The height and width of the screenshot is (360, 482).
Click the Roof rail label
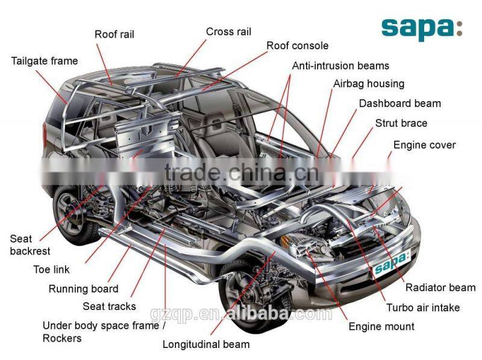[x=114, y=34]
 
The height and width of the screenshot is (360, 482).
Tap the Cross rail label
[x=228, y=31]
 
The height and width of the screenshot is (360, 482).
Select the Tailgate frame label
[x=45, y=61]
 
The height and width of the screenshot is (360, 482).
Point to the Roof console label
[x=298, y=46]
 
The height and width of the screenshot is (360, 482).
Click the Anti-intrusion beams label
[x=340, y=66]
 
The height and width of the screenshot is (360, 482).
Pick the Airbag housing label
[x=369, y=84]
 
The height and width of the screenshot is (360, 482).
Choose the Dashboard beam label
[x=399, y=103]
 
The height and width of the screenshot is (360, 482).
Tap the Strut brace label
[x=401, y=123]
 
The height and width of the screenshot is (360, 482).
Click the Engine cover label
[x=424, y=144]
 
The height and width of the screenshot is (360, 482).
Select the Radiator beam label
[x=440, y=287]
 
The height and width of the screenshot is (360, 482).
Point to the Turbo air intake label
[x=422, y=307]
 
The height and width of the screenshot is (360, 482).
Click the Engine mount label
[x=381, y=326]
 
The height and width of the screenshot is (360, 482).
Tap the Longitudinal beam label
[x=206, y=344]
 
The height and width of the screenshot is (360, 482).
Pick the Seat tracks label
[x=110, y=306]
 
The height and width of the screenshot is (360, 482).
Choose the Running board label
[x=84, y=289]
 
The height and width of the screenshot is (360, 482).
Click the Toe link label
[x=51, y=269]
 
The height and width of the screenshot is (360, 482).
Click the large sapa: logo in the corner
[x=421, y=27]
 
